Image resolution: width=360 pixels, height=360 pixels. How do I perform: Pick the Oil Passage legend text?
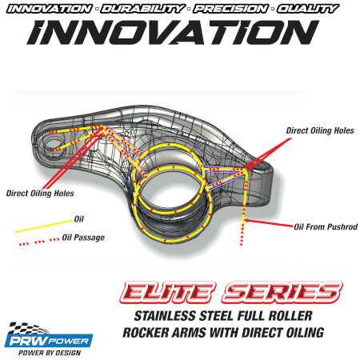pyautogui.click(x=83, y=238)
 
